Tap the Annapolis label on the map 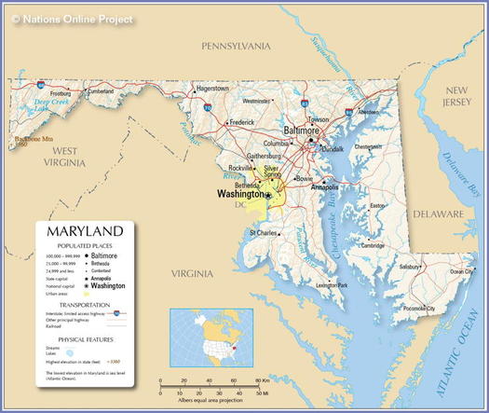coord(324,186)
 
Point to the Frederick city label coord(242,122)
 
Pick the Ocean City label coord(462,271)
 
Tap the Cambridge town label coord(373,245)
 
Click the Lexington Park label coord(332,284)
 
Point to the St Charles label coord(263,232)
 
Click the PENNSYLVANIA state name coord(237,46)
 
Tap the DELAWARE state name coord(438,213)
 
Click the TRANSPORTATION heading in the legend coord(85,305)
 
